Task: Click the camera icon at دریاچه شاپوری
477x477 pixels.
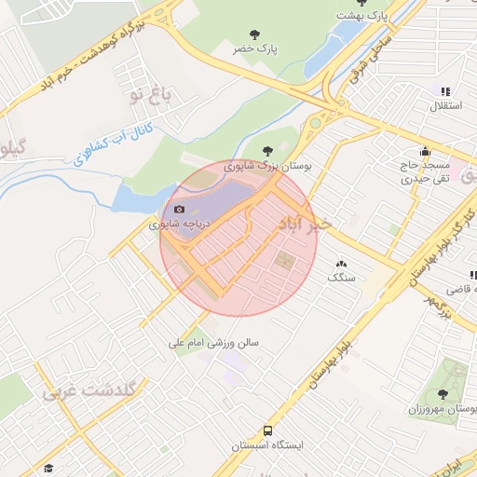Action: [180, 209]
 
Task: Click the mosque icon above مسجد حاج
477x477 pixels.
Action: [426, 152]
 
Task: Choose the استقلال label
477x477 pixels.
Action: [439, 107]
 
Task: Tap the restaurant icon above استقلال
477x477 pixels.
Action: [445, 91]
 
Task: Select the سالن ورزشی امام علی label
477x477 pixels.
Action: [213, 342]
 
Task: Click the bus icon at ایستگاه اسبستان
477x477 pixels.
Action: [268, 430]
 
